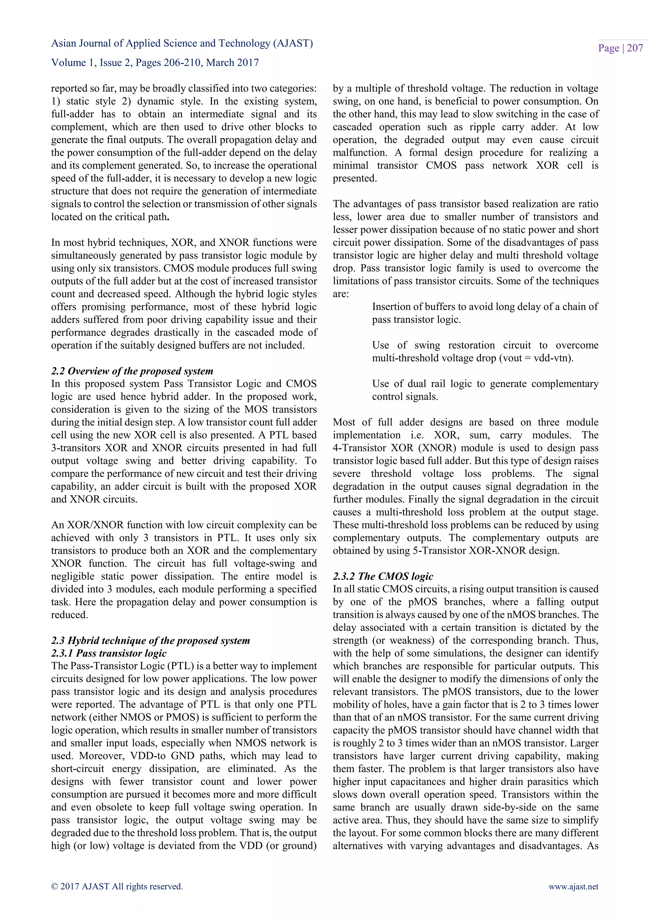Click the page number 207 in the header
point(635,49)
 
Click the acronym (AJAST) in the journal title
point(293,43)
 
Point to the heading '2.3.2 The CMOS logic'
point(383,576)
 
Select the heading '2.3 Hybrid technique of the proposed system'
point(150,640)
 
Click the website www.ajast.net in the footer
point(573,887)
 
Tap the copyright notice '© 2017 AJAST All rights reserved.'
point(117,887)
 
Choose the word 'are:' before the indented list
point(341,294)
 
